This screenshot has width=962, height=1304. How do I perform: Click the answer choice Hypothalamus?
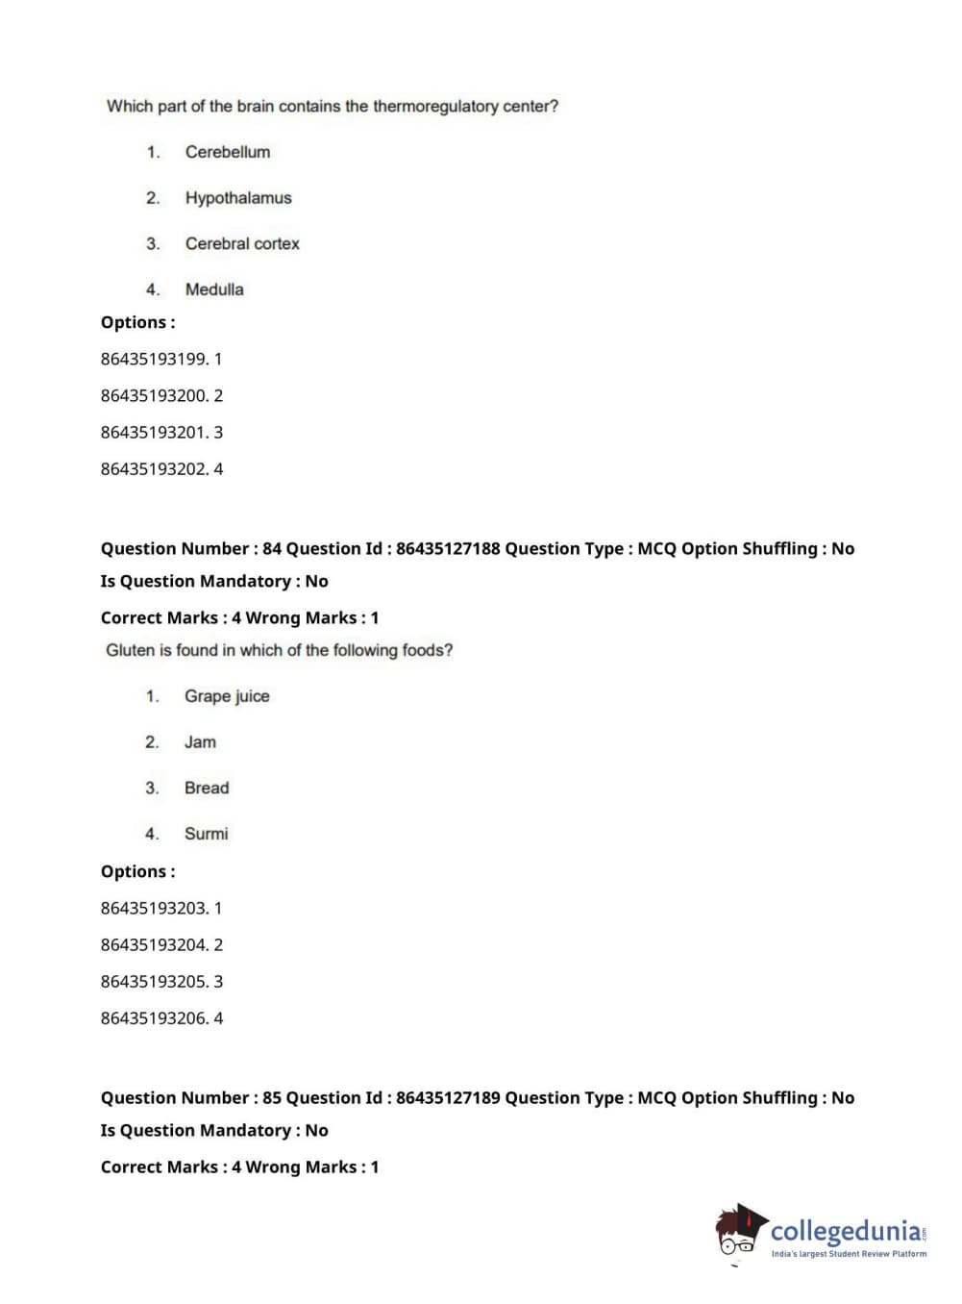237,198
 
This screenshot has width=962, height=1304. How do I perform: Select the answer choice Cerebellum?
227,152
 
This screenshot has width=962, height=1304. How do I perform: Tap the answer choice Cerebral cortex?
242,244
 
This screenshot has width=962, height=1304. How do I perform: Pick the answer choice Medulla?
214,289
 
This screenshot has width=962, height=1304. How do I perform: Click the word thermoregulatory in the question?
435,106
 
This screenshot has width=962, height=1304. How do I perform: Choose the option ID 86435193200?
154,395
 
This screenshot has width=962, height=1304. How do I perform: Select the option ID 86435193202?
154,469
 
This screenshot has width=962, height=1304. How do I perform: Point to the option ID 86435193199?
154,359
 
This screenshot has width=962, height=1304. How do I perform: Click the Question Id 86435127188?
448,548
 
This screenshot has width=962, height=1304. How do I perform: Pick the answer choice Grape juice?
227,696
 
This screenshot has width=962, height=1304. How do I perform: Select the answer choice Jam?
200,742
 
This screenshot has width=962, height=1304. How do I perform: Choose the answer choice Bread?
207,788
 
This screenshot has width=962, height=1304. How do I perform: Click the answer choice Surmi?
206,834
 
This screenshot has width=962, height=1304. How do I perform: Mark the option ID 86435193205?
154,982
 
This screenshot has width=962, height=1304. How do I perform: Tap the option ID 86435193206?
154,1018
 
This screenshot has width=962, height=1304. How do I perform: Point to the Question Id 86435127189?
448,1097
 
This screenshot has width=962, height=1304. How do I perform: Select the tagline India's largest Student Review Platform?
849,1254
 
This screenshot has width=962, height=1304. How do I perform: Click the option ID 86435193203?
154,908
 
